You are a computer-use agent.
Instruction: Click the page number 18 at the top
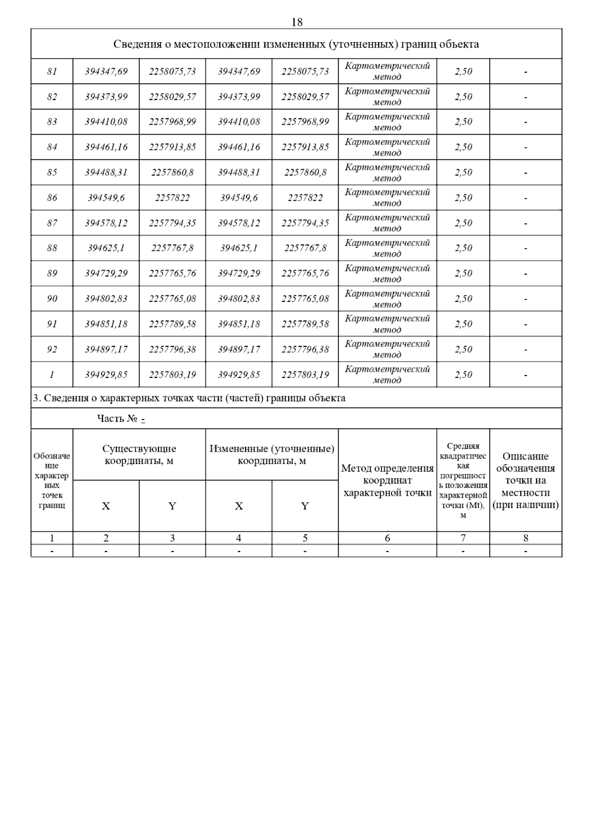(x=297, y=22)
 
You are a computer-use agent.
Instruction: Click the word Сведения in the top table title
(x=135, y=45)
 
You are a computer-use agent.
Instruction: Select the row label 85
(x=52, y=173)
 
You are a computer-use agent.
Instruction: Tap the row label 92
(x=52, y=350)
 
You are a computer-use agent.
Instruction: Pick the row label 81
(x=52, y=71)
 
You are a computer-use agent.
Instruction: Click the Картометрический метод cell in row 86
(x=387, y=198)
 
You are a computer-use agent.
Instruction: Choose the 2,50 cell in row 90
(x=463, y=299)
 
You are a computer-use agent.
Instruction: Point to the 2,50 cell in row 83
(x=463, y=122)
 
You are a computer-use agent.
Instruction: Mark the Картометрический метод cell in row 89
(x=387, y=274)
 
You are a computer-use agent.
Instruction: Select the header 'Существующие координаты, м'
(x=139, y=455)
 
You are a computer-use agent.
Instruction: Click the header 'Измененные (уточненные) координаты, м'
(x=272, y=455)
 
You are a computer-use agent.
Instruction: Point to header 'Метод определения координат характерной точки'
(x=387, y=480)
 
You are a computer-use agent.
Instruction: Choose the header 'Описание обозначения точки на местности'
(x=525, y=480)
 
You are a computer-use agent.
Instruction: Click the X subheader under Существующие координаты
(x=106, y=506)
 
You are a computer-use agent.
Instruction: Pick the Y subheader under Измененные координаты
(x=305, y=506)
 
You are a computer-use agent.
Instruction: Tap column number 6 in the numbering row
(x=387, y=538)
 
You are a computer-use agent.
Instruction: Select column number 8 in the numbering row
(x=525, y=538)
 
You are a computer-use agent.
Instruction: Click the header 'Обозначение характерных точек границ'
(x=52, y=480)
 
